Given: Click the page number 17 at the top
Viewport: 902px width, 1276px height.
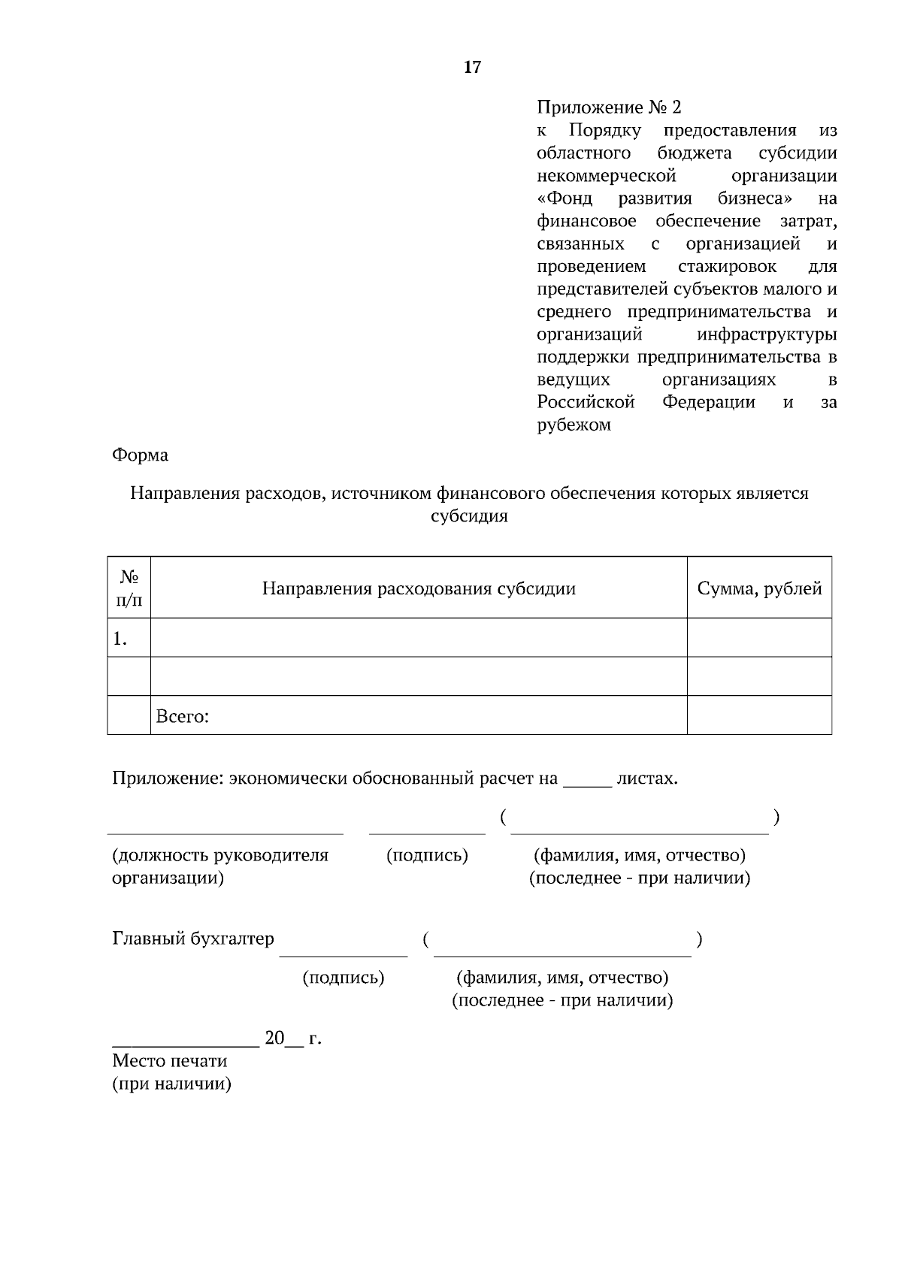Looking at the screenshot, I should [x=472, y=68].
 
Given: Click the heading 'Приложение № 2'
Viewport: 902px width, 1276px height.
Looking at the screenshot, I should [x=609, y=107].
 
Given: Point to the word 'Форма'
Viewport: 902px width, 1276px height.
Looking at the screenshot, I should [x=140, y=455].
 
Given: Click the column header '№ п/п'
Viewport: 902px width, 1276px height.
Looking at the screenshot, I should [x=129, y=588].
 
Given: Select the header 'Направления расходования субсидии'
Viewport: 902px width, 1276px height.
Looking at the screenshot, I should [x=419, y=588].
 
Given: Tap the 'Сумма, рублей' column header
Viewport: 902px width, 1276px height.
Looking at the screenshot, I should [x=759, y=588].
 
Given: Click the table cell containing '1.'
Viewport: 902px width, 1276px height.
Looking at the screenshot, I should [x=129, y=638].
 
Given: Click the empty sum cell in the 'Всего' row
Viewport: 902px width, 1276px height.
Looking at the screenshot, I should [x=759, y=715].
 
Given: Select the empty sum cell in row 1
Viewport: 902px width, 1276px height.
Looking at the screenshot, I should [x=759, y=638].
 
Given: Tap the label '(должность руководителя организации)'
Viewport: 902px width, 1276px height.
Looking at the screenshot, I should [x=219, y=866].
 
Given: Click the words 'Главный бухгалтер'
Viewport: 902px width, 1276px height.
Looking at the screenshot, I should [x=193, y=939].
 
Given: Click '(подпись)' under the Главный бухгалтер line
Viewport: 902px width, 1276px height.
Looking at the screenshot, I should [x=344, y=978].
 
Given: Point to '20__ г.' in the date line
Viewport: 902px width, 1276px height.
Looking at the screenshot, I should [x=292, y=1039].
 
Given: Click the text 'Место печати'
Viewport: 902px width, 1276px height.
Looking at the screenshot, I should [x=169, y=1061].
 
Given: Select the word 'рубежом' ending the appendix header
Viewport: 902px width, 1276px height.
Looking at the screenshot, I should [x=574, y=425].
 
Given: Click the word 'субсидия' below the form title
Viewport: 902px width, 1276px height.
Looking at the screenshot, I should [x=469, y=516].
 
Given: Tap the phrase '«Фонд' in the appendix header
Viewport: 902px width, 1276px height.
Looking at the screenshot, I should [x=565, y=198].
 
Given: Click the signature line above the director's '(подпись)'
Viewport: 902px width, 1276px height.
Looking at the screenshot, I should [x=427, y=832].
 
